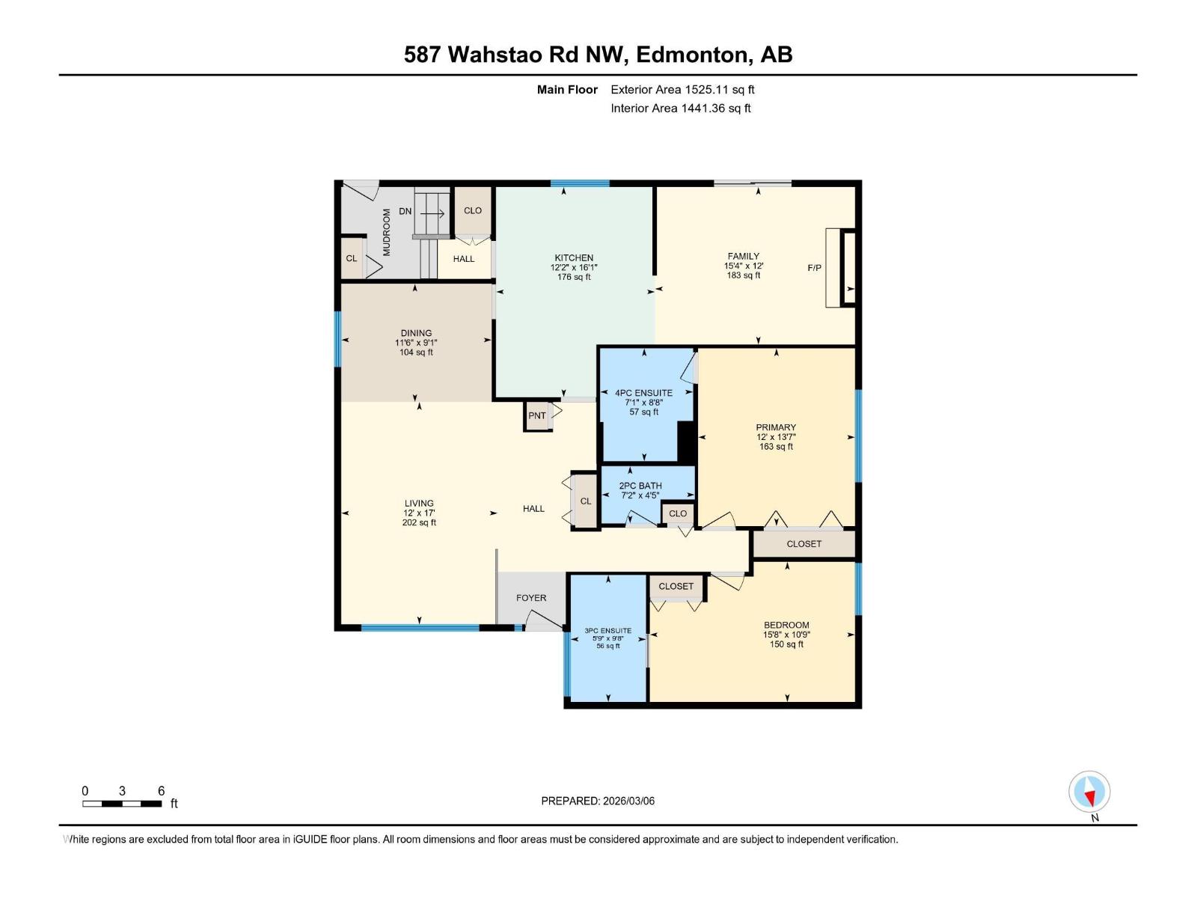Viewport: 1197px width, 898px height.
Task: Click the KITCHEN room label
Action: click(574, 257)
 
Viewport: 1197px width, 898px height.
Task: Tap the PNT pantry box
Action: click(537, 416)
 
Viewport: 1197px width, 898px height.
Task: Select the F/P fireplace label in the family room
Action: click(815, 267)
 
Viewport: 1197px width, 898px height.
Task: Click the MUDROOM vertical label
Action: click(387, 232)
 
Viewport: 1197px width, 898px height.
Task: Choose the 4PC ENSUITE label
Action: click(643, 393)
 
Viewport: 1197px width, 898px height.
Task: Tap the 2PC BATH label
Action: click(640, 486)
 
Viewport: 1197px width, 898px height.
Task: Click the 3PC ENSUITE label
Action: click(607, 631)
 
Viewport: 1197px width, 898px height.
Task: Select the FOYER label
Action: click(531, 598)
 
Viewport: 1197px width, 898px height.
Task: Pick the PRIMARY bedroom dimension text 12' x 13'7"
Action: click(776, 437)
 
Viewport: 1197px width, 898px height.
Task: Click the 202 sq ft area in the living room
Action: click(419, 522)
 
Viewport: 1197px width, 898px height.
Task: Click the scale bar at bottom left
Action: click(122, 804)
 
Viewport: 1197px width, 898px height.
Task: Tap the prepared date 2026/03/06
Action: click(628, 801)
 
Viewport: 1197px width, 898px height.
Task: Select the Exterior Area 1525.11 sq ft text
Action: click(682, 90)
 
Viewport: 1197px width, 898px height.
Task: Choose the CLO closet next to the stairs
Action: click(473, 211)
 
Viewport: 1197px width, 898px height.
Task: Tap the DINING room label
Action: click(416, 333)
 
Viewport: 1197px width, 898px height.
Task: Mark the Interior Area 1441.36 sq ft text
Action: click(680, 109)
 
